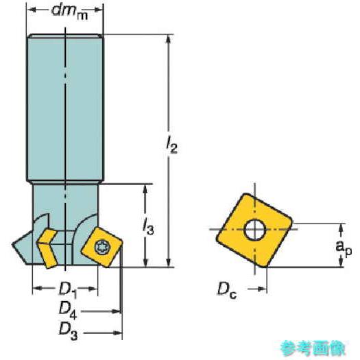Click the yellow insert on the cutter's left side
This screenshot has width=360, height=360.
[48, 247]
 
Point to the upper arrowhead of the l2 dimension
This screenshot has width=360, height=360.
[169, 39]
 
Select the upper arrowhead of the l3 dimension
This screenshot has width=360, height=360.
[145, 188]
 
